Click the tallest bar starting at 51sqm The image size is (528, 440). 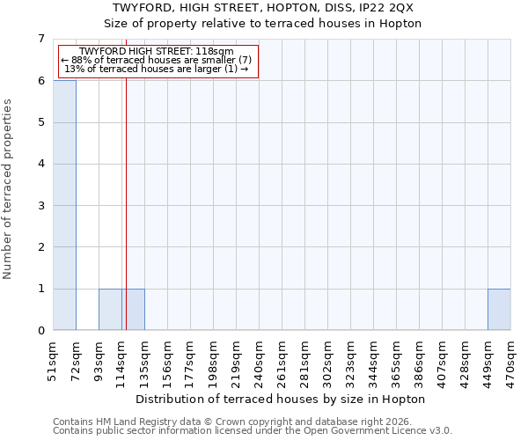click(64, 205)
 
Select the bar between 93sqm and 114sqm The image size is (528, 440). click(110, 309)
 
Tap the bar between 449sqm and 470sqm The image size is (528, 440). click(499, 309)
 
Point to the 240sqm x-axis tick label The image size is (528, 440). click(259, 361)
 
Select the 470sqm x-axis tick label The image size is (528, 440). click(510, 361)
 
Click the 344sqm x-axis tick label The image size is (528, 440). click(373, 361)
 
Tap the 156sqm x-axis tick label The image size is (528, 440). click(167, 361)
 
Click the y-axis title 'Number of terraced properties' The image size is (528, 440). click(8, 189)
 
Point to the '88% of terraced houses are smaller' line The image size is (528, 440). click(157, 61)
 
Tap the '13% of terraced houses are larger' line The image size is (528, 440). click(157, 70)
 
